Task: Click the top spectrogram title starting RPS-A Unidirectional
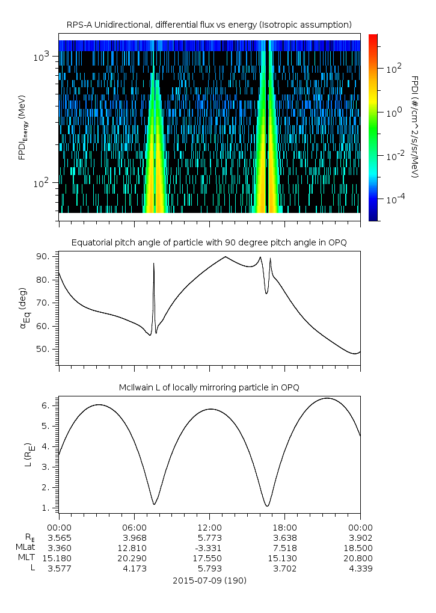point(209,24)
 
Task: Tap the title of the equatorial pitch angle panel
point(209,242)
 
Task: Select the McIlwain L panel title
point(209,387)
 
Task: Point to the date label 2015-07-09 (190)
point(209,581)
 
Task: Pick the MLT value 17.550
point(209,558)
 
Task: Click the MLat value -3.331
point(209,547)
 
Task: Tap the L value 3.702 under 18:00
point(284,568)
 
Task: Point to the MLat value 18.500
point(360,547)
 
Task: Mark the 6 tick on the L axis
point(52,406)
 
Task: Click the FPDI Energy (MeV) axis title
point(22,126)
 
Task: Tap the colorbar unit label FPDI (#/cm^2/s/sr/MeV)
point(414,126)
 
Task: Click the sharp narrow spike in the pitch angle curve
point(153,265)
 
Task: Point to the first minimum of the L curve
point(155,504)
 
